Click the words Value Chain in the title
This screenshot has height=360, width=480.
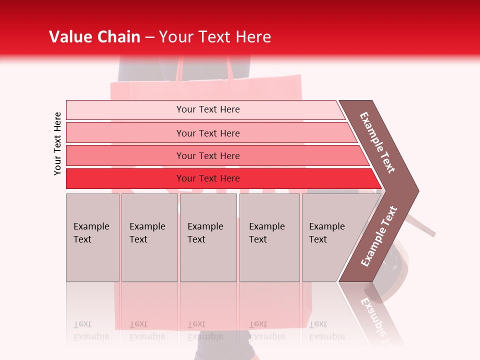pos(94,37)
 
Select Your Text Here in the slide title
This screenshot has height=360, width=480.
pos(215,37)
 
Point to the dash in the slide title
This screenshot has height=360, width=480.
pos(149,37)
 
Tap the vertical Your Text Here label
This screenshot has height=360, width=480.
pos(57,143)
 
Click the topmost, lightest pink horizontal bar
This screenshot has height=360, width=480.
pos(207,109)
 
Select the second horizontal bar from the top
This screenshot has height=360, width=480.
pos(207,133)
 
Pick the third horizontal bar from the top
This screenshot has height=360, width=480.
pos(207,155)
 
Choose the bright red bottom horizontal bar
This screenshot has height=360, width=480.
pos(207,178)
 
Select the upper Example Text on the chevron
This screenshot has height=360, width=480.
pos(378,143)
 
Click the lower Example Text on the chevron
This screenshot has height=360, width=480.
pos(379,236)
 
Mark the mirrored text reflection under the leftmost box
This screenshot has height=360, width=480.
pos(91,330)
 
